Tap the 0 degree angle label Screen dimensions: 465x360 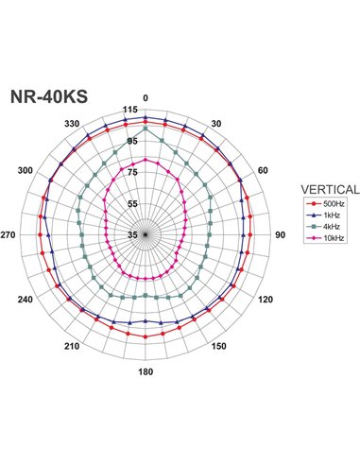[x=145, y=98]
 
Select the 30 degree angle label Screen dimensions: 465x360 [x=216, y=124]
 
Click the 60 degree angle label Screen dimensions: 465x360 [x=263, y=170]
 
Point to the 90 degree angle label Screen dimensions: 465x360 [x=279, y=234]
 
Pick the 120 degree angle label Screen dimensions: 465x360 [x=265, y=300]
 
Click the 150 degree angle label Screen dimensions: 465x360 [x=219, y=347]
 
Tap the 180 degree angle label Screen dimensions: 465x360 [x=145, y=371]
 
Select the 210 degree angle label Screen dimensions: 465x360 [x=72, y=347]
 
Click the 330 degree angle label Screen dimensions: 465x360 [x=72, y=124]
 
